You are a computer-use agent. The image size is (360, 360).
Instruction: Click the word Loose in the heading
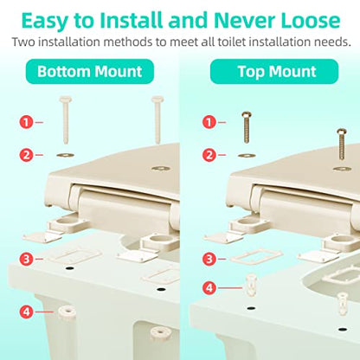(x=311, y=20)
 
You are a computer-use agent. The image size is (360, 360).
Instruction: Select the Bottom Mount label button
(x=90, y=71)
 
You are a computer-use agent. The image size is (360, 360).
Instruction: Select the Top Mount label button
(x=274, y=71)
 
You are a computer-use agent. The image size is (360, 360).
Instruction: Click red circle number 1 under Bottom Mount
(x=26, y=122)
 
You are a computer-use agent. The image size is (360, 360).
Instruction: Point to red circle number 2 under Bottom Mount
(x=26, y=155)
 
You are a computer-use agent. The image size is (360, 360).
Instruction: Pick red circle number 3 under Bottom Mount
(x=26, y=259)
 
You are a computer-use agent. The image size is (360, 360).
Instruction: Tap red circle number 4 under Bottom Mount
(x=26, y=312)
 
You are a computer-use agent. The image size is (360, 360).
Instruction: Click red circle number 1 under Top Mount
(x=209, y=122)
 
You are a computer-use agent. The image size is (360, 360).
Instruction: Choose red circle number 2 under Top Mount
(x=209, y=155)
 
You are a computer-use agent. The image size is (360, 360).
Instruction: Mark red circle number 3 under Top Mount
(x=209, y=259)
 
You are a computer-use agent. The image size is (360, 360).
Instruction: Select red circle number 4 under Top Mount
(x=209, y=287)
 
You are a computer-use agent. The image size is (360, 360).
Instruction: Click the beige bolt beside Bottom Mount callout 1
(x=66, y=120)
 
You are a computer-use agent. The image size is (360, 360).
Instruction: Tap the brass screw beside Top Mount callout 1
(x=247, y=127)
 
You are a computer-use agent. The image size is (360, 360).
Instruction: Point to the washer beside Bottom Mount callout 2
(x=65, y=155)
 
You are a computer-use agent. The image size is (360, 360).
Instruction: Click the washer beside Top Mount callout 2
(x=247, y=156)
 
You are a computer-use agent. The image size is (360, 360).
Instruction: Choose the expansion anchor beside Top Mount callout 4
(x=251, y=286)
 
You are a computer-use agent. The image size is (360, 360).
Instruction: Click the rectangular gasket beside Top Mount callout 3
(x=256, y=255)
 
